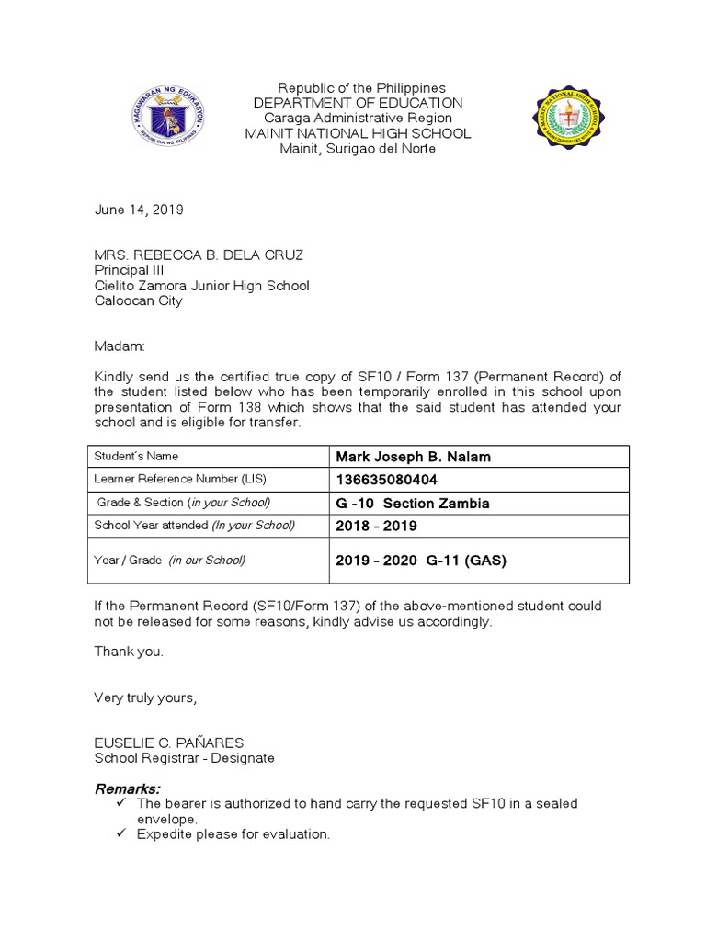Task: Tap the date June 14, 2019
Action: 139,210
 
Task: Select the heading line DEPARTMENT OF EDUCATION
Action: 358,103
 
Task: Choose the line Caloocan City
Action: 138,300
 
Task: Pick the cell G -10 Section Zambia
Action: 413,503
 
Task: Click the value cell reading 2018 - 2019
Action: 376,526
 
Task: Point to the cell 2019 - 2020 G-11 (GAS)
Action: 421,560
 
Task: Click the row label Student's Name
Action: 137,457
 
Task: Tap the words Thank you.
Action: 129,652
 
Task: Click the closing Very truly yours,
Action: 145,697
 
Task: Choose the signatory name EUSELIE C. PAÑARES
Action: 169,743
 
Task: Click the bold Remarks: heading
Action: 128,789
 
